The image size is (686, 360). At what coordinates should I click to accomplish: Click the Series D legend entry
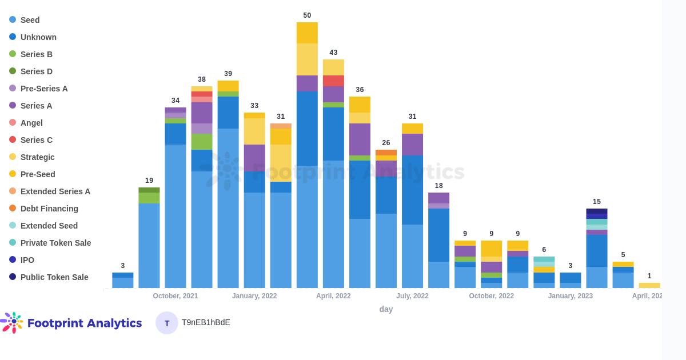[37, 71]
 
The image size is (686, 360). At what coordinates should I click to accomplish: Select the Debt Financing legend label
[49, 209]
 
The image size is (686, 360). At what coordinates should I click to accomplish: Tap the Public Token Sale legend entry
[54, 277]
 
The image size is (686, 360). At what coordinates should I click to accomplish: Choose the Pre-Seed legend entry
[38, 174]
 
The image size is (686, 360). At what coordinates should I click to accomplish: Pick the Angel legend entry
[31, 123]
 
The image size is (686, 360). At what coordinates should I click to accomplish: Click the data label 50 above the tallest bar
[307, 15]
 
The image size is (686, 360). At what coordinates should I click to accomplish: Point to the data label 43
[333, 53]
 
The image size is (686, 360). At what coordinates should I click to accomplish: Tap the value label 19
[149, 181]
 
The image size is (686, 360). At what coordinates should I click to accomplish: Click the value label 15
[597, 202]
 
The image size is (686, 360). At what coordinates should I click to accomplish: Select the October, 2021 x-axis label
[176, 296]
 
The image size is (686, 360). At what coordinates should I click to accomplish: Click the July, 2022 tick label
[412, 296]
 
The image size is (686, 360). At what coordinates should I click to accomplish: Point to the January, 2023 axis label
[570, 296]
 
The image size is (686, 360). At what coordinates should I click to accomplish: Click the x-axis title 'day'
[386, 309]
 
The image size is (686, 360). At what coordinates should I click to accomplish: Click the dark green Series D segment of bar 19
[149, 190]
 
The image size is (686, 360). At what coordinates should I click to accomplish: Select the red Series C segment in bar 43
[333, 81]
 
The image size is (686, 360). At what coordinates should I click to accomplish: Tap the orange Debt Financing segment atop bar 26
[386, 153]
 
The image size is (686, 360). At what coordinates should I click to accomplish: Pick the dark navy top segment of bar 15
[597, 211]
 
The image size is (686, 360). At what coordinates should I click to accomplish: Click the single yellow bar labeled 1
[649, 285]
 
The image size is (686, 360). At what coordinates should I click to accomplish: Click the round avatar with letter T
[167, 323]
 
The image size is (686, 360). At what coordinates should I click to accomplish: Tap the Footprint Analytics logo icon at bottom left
[13, 322]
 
